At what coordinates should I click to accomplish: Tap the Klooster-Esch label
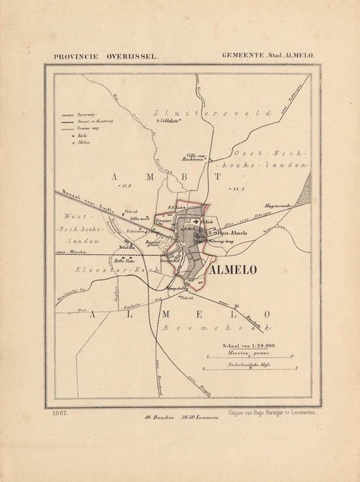[124, 270]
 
